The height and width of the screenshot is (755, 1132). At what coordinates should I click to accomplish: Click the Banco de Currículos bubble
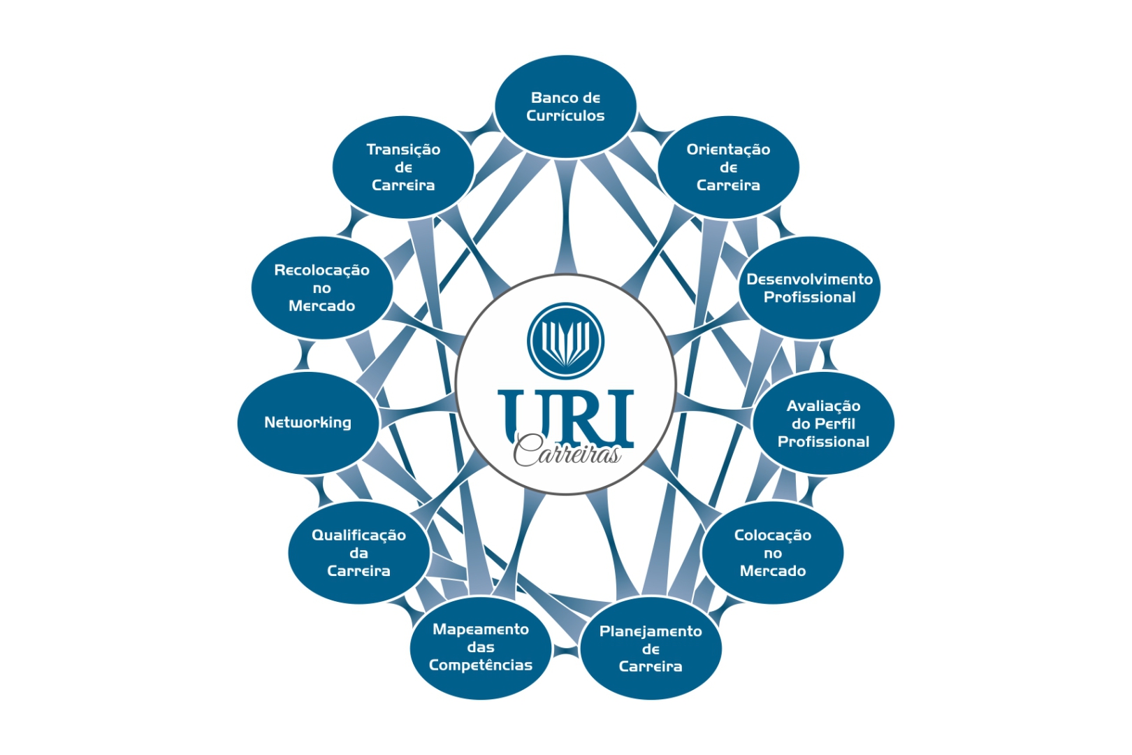click(x=565, y=107)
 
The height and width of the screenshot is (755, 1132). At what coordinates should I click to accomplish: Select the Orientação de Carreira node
click(x=728, y=167)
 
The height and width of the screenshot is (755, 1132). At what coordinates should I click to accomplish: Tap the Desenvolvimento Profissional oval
click(x=810, y=288)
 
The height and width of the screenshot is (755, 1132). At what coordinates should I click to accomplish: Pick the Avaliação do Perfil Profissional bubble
click(x=823, y=423)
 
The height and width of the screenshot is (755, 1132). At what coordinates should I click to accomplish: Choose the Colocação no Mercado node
click(x=773, y=553)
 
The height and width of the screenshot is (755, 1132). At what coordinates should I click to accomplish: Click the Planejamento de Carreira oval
click(x=651, y=648)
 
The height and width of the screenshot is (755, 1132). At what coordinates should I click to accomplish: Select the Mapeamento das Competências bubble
click(x=481, y=647)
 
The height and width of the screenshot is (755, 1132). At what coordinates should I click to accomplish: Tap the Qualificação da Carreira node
click(x=358, y=553)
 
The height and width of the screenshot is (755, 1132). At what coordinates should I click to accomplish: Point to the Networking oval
click(x=307, y=423)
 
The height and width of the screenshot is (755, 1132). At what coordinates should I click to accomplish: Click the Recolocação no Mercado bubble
click(x=322, y=288)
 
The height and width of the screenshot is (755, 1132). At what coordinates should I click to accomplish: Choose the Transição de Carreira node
click(x=403, y=167)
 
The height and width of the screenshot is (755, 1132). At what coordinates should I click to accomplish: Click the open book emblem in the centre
click(x=565, y=340)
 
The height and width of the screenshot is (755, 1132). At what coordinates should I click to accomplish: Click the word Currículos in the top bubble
click(x=565, y=116)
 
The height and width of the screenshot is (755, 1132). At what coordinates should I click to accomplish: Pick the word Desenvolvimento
click(x=810, y=279)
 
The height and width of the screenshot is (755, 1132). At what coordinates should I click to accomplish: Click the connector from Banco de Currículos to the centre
click(x=565, y=217)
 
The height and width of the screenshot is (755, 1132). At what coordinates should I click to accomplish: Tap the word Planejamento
click(x=651, y=631)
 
